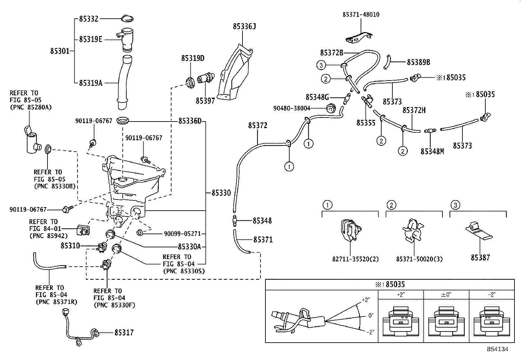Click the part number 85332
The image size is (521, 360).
tap(88, 19)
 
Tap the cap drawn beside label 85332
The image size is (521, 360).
tap(127, 18)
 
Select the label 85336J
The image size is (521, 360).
tap(244, 26)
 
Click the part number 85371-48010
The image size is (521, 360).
tap(361, 15)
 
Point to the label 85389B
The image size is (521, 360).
tap(418, 62)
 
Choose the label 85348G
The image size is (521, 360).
tap(317, 97)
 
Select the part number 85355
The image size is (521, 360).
tap(366, 123)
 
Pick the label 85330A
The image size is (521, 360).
tap(189, 246)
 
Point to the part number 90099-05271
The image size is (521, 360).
tap(182, 234)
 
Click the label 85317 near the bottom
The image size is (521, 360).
tap(124, 332)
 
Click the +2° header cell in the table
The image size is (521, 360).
tap(401, 294)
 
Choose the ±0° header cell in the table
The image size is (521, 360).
tap(446, 294)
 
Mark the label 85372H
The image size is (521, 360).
tap(414, 110)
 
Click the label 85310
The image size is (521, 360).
tap(70, 245)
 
